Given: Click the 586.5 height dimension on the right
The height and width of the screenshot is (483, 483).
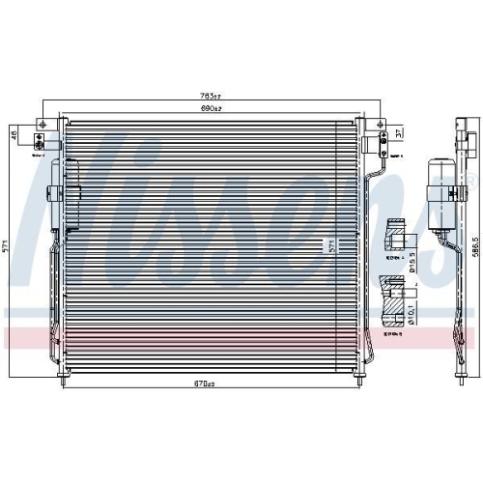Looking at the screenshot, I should (474, 245).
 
